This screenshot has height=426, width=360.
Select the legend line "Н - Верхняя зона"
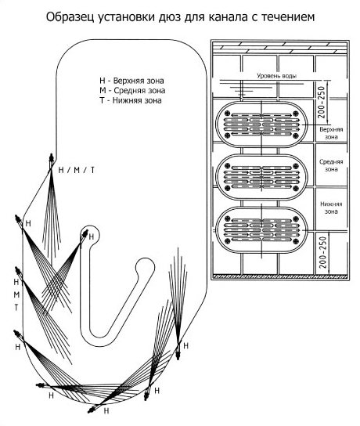tap(131, 81)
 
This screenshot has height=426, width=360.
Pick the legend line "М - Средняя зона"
tap(132, 91)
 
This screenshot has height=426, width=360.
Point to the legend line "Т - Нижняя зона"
tap(131, 100)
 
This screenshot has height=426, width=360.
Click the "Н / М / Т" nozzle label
tap(77, 170)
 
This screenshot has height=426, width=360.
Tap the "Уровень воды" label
tap(276, 76)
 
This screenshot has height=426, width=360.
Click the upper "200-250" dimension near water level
tap(322, 102)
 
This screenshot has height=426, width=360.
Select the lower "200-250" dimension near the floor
tap(322, 252)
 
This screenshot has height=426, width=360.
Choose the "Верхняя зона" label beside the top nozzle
tap(331, 133)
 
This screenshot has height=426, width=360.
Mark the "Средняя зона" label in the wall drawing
tap(331, 165)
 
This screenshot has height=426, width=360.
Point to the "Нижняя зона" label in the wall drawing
tap(331, 208)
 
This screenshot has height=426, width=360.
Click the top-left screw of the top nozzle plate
tap(228, 114)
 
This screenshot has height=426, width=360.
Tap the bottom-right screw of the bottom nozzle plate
tap(296, 240)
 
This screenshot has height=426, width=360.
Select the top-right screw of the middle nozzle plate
tap(296, 166)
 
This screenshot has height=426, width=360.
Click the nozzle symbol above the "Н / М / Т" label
tap(51, 161)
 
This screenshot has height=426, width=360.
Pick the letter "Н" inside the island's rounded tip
tap(92, 237)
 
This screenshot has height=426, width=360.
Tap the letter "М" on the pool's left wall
tap(16, 294)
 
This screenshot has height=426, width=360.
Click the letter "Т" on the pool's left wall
tap(16, 308)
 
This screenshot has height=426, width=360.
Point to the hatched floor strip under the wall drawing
tap(280, 276)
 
